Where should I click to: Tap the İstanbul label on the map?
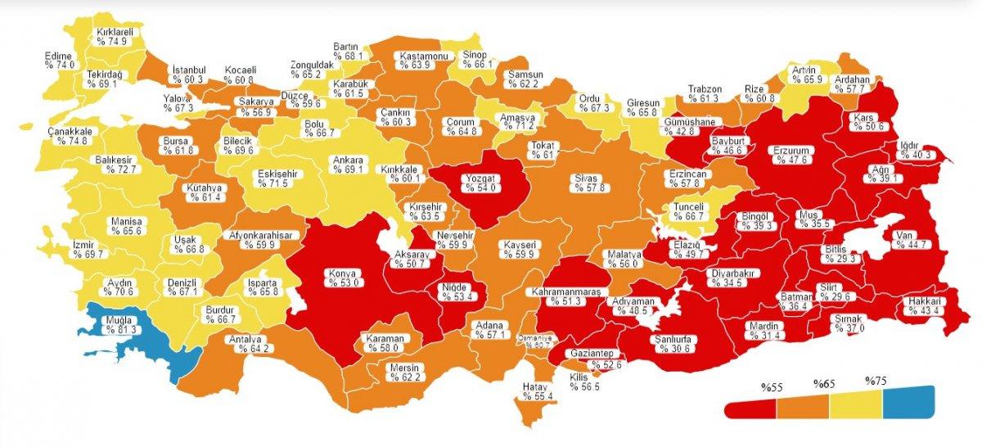click(x=188, y=70)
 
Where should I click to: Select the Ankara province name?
click(x=347, y=160)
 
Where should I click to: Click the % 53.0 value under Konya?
click(x=345, y=283)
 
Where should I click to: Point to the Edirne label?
click(x=59, y=56)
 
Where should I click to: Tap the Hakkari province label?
click(x=926, y=301)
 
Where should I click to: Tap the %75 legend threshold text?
click(x=876, y=381)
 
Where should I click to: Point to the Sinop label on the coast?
click(x=475, y=54)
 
